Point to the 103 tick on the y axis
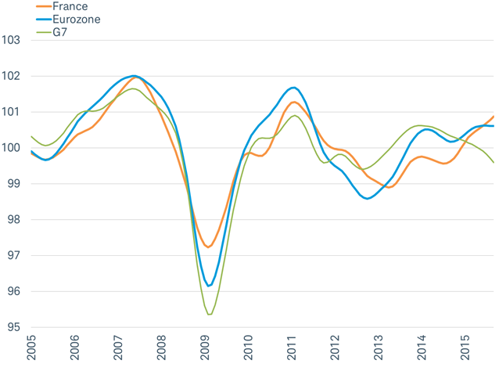[11, 41]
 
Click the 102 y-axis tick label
[11, 77]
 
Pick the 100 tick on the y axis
[11, 148]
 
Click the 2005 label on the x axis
[31, 349]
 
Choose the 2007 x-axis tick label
[118, 349]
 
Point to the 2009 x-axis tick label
[205, 349]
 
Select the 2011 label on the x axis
[292, 349]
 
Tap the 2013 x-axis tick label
[379, 349]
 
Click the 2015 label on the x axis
[465, 349]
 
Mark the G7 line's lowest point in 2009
[210, 314]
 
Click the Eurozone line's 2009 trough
[209, 286]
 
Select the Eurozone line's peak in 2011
[293, 88]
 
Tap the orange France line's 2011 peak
[294, 102]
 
